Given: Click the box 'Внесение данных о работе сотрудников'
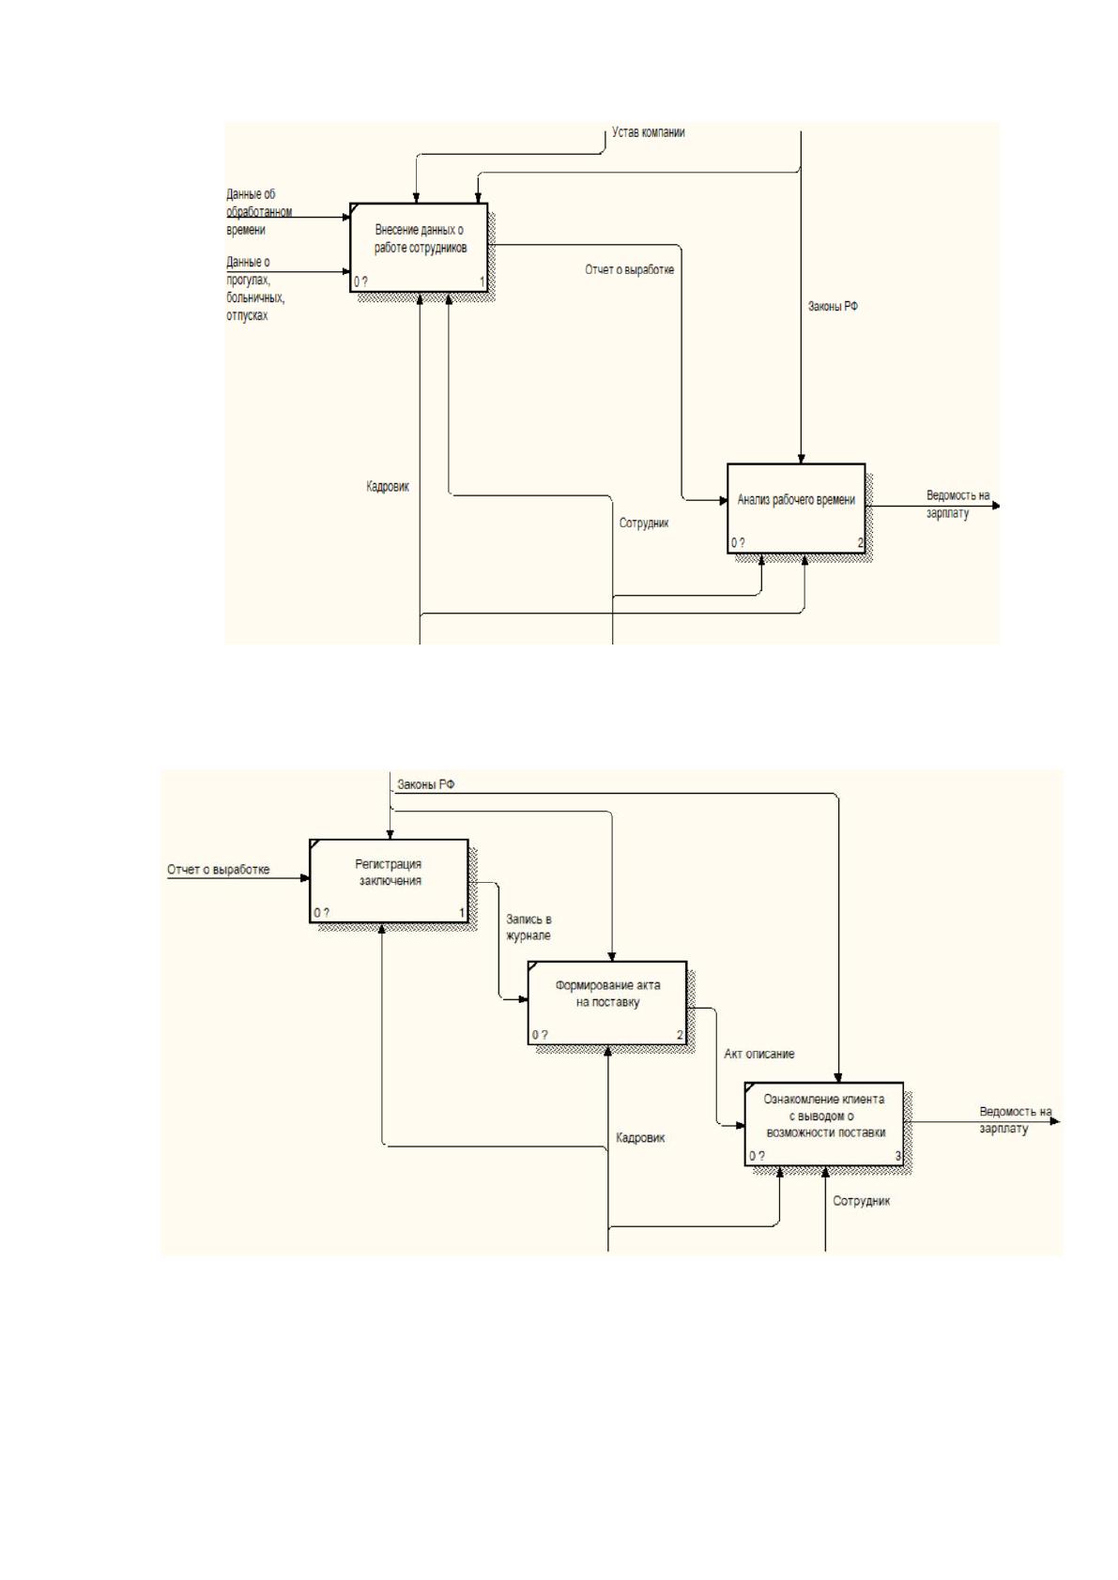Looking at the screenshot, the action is [x=419, y=248].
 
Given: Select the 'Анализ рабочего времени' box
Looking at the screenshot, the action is [x=796, y=509].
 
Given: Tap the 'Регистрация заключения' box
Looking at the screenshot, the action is [x=389, y=880].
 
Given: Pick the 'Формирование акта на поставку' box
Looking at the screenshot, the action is [x=607, y=1002].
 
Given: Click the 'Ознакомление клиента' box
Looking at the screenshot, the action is [x=823, y=1124].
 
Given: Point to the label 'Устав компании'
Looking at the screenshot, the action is [x=648, y=132].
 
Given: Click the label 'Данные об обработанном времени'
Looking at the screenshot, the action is [x=259, y=212].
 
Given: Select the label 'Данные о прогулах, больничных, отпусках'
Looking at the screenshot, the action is [x=254, y=288].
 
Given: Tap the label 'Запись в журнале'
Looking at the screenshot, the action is [x=528, y=928].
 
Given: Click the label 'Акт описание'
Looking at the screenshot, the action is [x=758, y=1054].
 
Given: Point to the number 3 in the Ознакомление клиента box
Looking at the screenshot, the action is [x=897, y=1156].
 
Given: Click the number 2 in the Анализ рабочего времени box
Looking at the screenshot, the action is [x=861, y=542].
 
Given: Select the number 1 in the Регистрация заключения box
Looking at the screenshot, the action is [x=462, y=913].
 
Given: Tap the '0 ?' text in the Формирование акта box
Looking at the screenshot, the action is [x=539, y=1035].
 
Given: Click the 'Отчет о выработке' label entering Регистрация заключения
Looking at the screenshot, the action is [x=218, y=870].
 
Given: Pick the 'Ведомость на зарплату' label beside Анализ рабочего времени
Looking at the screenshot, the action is [x=957, y=505].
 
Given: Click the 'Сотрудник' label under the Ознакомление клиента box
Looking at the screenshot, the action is [x=861, y=1201].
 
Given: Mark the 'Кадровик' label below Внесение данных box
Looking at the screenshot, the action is [x=388, y=487].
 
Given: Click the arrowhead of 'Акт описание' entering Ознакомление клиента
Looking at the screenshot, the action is [x=741, y=1125].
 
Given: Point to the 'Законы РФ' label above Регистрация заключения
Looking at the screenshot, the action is [x=425, y=784].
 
